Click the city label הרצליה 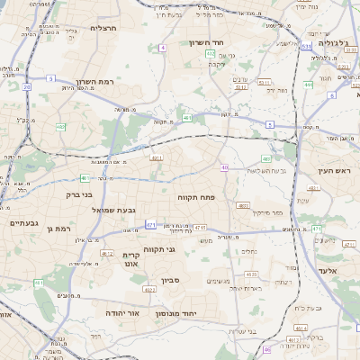(x=104, y=28)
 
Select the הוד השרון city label (x=211, y=42)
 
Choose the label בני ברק (x=80, y=193)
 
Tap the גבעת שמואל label (x=113, y=210)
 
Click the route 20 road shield (x=27, y=87)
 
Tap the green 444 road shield (x=308, y=85)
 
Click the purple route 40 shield (x=224, y=167)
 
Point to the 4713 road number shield (x=200, y=228)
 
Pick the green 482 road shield (x=61, y=128)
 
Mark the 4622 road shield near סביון (x=149, y=290)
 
